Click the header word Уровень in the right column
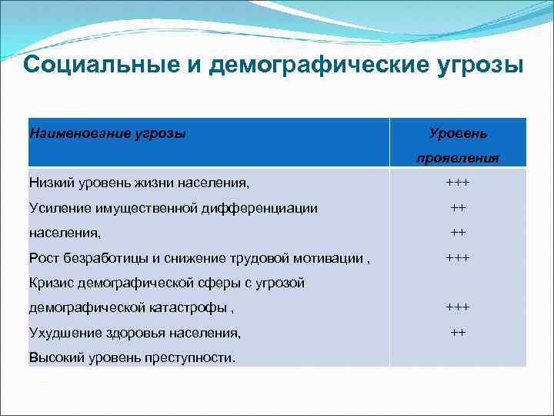(x=458, y=133)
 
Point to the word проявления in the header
(x=458, y=158)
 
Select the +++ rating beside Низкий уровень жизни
(x=458, y=183)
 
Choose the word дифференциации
(x=272, y=208)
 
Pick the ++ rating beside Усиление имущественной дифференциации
(x=458, y=208)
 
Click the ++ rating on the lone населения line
(x=458, y=232)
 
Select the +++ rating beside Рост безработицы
(x=458, y=257)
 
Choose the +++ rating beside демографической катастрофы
(x=458, y=307)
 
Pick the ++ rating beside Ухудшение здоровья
(x=458, y=333)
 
